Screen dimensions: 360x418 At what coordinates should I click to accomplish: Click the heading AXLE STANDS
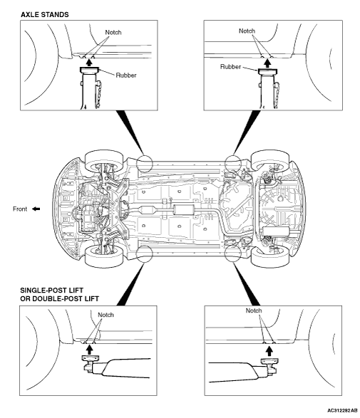[x=45, y=15]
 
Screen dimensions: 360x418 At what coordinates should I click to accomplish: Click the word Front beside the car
[x=20, y=209]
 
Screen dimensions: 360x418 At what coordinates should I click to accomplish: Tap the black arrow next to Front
[x=36, y=209]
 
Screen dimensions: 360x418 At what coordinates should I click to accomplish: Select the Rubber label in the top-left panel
[x=126, y=75]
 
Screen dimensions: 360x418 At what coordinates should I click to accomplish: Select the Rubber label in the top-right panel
[x=230, y=67]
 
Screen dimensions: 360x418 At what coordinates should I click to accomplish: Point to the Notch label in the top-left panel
[x=113, y=32]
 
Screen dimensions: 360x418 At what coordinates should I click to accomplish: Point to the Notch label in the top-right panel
[x=247, y=31]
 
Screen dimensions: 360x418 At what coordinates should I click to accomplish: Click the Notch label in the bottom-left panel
[x=106, y=315]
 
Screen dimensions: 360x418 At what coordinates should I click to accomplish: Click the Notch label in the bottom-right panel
[x=254, y=310]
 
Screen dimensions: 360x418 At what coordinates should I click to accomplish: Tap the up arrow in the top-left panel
[x=90, y=63]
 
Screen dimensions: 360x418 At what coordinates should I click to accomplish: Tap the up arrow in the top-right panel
[x=267, y=63]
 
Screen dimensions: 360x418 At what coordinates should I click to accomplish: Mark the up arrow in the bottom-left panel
[x=90, y=350]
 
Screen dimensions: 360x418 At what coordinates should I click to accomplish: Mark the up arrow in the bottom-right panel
[x=269, y=352]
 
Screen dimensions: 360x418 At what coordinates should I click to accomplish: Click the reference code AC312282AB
[x=342, y=410]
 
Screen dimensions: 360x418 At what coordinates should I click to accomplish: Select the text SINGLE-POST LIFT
[x=52, y=291]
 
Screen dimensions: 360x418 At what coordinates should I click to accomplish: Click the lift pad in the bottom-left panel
[x=90, y=357]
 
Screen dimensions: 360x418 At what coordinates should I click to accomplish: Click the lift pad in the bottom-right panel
[x=269, y=361]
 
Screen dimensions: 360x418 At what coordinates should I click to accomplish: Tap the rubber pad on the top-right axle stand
[x=267, y=71]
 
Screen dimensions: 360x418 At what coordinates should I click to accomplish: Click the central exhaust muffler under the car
[x=184, y=210]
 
